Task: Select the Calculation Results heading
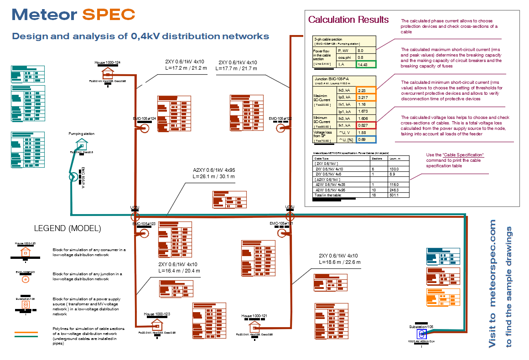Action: [348, 19]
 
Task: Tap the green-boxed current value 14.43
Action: [366, 65]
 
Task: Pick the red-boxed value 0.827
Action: [366, 125]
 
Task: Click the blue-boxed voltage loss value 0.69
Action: [366, 139]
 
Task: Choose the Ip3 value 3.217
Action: [366, 98]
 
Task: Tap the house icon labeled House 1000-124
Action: [108, 73]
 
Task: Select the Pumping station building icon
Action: [82, 144]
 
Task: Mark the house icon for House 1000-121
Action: [255, 327]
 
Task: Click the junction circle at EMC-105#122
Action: [280, 129]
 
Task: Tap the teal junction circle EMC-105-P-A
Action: [73, 176]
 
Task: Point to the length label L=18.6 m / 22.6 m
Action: [340, 262]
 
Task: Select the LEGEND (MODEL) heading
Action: [67, 228]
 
